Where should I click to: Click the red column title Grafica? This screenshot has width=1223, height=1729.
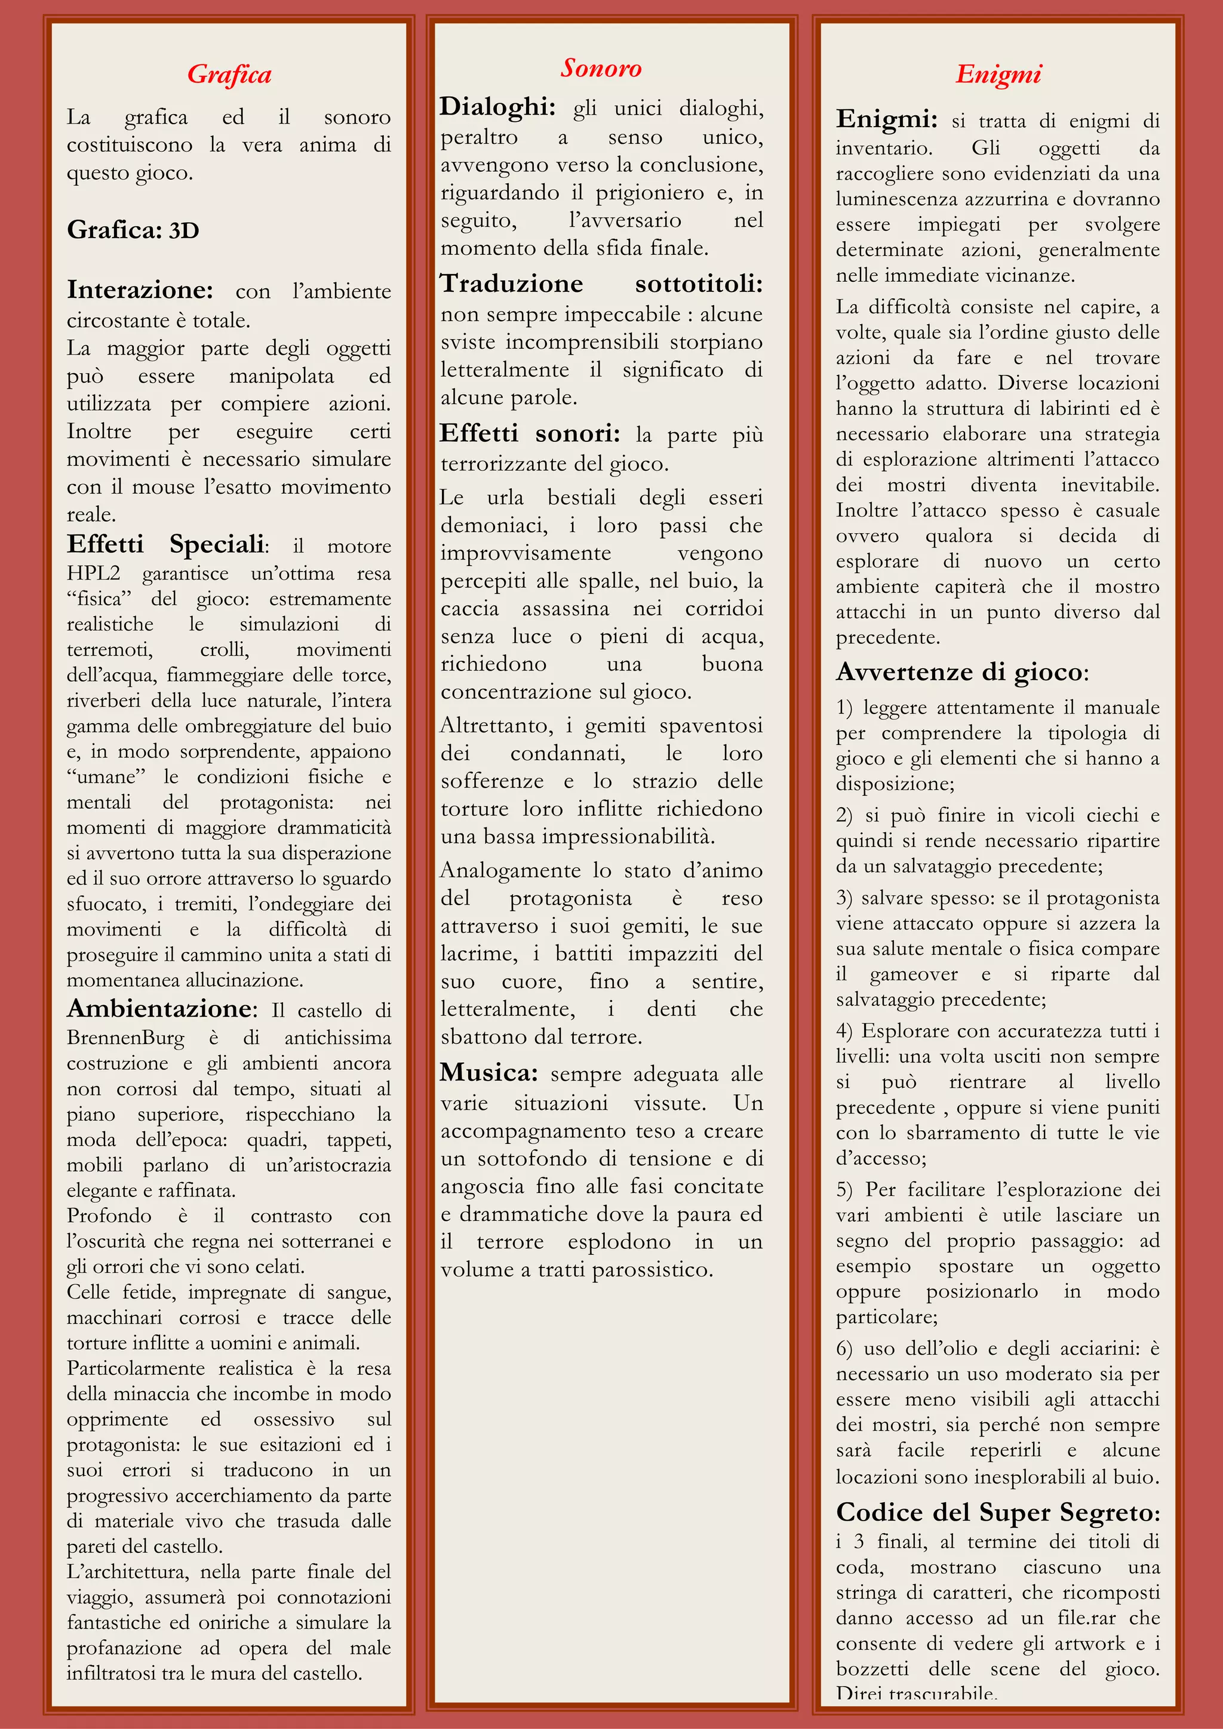coord(229,75)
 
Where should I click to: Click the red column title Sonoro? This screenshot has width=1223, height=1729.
coord(600,69)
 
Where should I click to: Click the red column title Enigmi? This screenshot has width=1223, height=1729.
coord(998,75)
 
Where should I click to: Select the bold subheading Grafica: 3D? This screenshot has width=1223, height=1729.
coord(133,230)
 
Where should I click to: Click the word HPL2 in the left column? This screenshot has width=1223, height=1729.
coord(93,573)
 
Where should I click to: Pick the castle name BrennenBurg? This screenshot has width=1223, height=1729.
coord(125,1038)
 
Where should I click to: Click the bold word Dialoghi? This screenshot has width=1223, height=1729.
coord(497,107)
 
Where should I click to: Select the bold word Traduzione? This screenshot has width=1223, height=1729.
coord(511,284)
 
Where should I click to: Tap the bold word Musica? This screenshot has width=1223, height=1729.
coord(488,1072)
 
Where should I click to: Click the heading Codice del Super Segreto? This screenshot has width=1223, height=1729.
coord(997,1512)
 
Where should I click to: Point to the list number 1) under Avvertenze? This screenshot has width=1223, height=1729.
coord(844,708)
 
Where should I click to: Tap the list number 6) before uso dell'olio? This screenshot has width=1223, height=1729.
coord(844,1349)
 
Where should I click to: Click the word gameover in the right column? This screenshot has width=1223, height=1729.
coord(912,974)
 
